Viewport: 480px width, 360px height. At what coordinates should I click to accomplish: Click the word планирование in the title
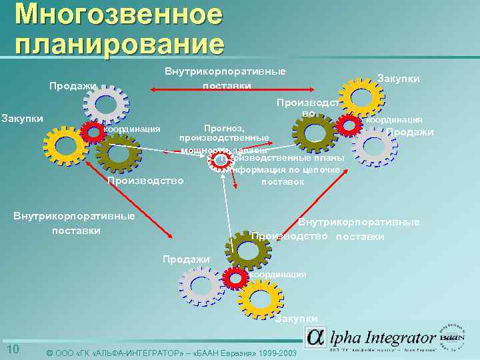coord(119,43)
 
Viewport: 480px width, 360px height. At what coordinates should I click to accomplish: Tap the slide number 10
coord(12,350)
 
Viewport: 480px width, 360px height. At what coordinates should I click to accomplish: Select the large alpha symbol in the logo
coord(316,337)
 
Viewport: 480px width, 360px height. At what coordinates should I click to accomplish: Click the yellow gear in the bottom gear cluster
coord(261,299)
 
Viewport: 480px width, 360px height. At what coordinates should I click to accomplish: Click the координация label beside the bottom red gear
coord(277,274)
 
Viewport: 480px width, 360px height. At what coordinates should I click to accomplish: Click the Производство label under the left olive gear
coord(145,181)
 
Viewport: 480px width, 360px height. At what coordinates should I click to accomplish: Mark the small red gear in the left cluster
coord(92,133)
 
